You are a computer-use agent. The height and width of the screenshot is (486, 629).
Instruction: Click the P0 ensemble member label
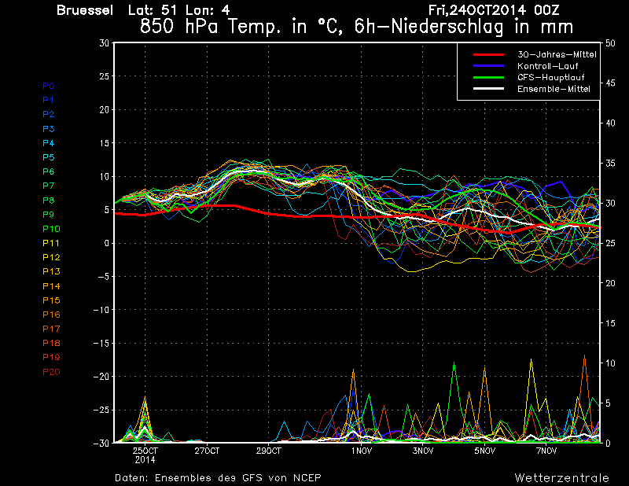tap(49, 86)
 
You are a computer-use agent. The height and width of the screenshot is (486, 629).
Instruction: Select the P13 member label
tap(51, 271)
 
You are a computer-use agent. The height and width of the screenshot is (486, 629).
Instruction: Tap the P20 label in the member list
tap(51, 372)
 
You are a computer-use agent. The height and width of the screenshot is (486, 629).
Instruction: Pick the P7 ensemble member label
tap(49, 186)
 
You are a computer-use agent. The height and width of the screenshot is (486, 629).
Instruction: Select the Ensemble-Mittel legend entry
tap(553, 89)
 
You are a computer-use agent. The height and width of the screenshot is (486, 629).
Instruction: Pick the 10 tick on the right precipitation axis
tap(610, 363)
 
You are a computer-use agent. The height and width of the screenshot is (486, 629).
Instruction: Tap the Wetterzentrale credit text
tap(562, 477)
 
